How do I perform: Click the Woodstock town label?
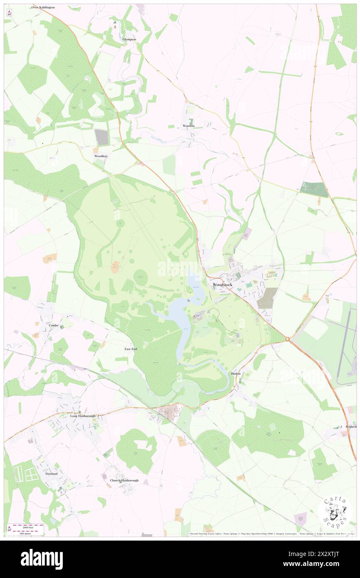point(222,284)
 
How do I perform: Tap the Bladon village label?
point(236,373)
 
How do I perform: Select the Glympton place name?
point(129,39)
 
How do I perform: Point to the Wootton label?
point(188,126)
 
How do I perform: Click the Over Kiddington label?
point(43,7)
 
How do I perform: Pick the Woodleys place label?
point(101,156)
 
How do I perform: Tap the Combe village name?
point(54,325)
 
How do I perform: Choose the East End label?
point(131,348)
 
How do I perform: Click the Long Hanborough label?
point(83,416)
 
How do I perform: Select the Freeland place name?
point(52,474)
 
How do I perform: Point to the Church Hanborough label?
point(124,480)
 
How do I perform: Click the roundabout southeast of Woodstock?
point(288,340)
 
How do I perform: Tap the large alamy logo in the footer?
point(42,559)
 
